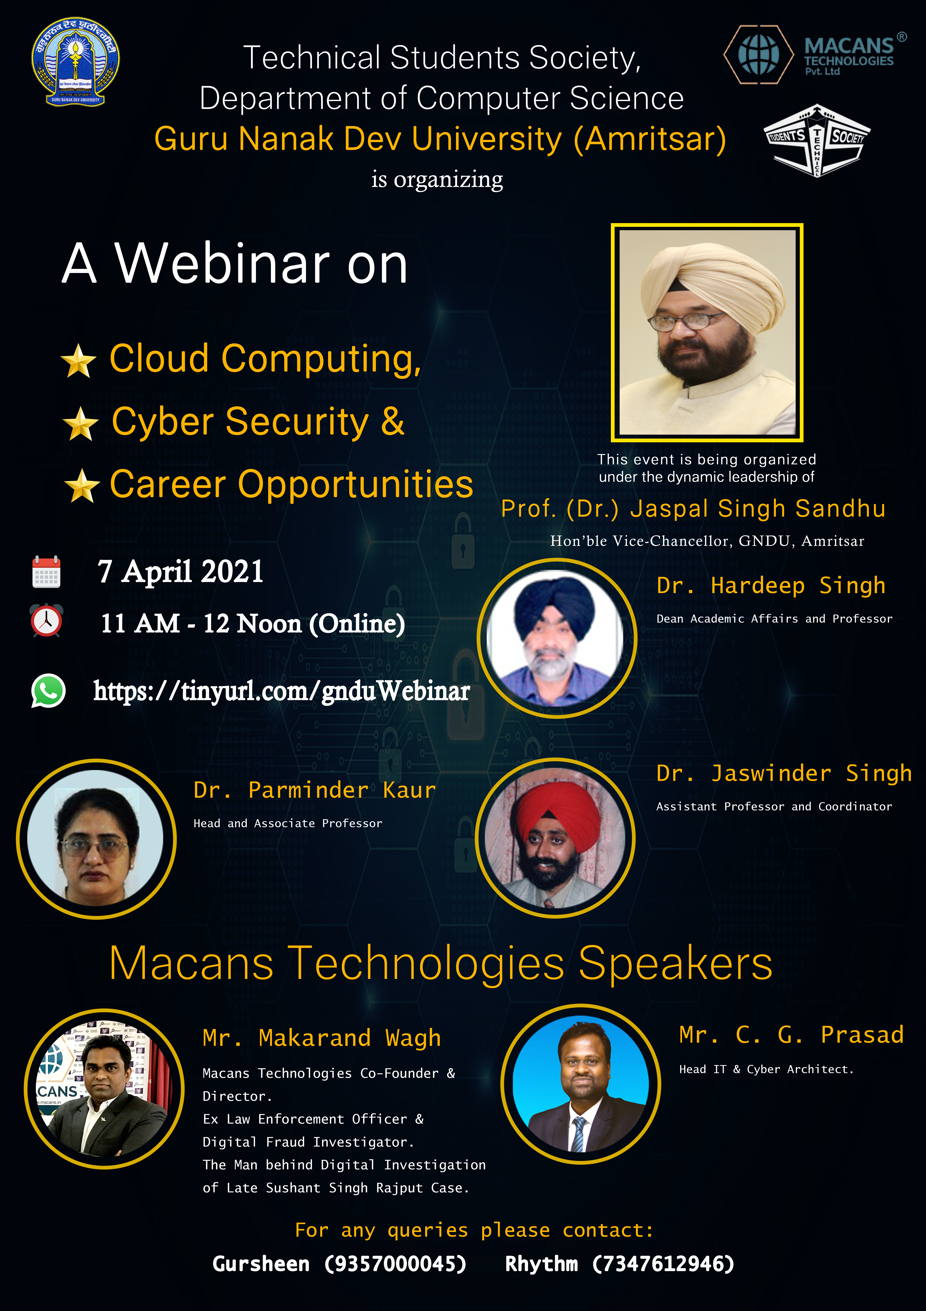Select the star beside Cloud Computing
[x=78, y=361]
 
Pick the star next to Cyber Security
[x=80, y=424]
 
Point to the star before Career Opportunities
[x=82, y=486]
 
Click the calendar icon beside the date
[x=46, y=572]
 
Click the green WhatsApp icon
[x=48, y=691]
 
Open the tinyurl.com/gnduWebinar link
[x=281, y=691]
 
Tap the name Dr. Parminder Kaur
[x=314, y=790]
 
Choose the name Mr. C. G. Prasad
[x=791, y=1035]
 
